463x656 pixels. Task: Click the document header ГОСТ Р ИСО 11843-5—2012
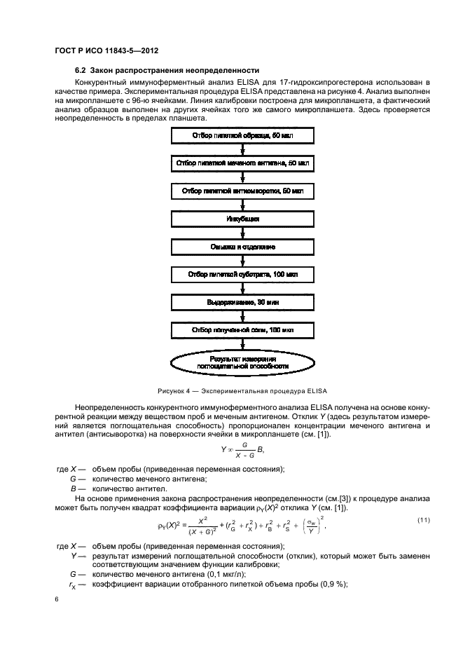click(x=102, y=50)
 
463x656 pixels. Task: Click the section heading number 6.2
click(x=82, y=71)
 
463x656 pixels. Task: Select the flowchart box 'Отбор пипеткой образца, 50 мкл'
click(x=242, y=135)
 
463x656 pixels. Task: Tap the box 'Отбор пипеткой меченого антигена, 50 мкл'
click(x=242, y=163)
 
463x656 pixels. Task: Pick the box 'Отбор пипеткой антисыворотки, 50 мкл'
click(x=242, y=191)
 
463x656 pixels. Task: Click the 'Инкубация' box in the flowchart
click(x=242, y=219)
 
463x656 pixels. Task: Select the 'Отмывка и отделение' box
click(x=242, y=247)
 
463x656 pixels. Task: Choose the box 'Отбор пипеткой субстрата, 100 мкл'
click(x=242, y=275)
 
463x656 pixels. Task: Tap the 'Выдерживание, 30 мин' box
click(x=242, y=302)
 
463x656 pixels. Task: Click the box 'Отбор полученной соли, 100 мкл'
click(x=242, y=329)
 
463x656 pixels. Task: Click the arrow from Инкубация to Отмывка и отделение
click(x=242, y=233)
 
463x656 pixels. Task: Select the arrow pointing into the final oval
click(x=242, y=344)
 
